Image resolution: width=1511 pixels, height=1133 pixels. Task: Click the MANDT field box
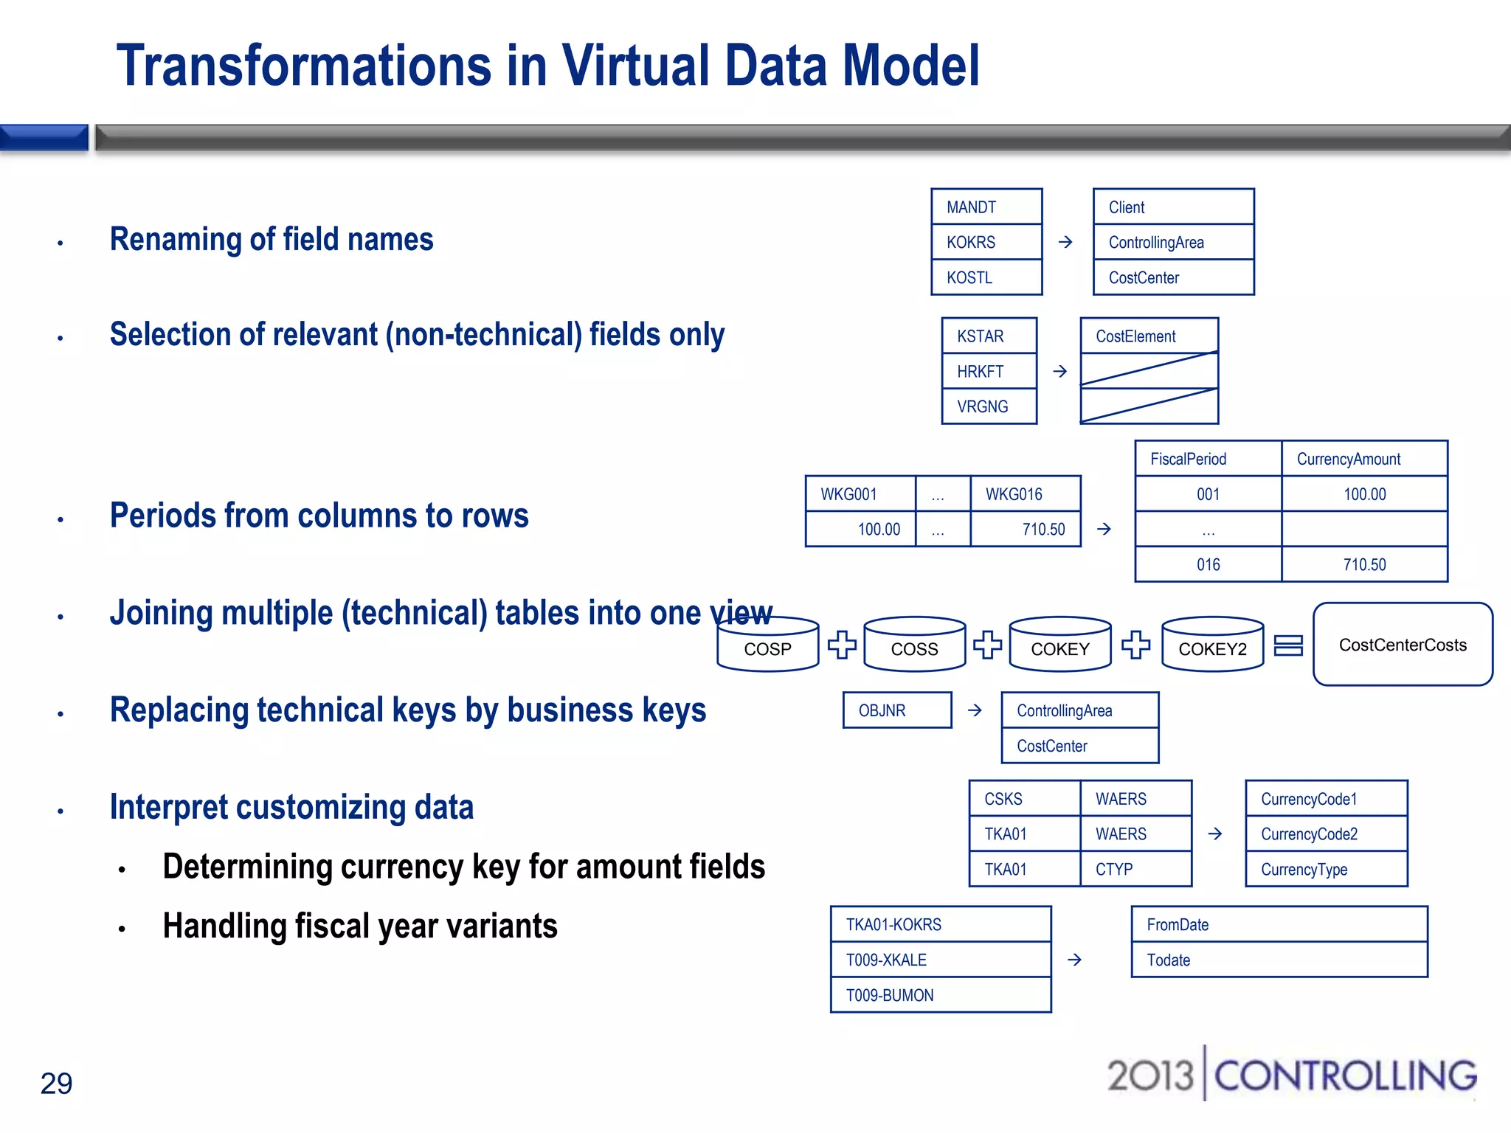(x=986, y=207)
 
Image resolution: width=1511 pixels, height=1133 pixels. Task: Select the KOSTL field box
(x=986, y=277)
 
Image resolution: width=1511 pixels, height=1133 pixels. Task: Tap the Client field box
(x=1173, y=207)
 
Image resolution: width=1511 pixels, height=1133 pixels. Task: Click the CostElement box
(x=1149, y=336)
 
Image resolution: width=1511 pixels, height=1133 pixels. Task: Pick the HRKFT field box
(x=989, y=371)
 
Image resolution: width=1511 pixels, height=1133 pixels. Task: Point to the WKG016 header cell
(x=1025, y=494)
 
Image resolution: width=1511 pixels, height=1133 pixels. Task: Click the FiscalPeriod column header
(x=1208, y=459)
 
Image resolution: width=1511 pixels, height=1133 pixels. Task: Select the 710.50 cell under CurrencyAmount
(x=1364, y=564)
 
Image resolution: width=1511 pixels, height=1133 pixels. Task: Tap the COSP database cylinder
(x=767, y=645)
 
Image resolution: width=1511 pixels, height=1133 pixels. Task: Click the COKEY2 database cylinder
(x=1212, y=645)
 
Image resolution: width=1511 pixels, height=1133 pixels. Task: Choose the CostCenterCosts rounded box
(x=1403, y=645)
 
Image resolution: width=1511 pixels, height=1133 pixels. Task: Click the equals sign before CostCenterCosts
(x=1288, y=645)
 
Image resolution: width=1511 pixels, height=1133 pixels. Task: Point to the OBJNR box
(x=897, y=710)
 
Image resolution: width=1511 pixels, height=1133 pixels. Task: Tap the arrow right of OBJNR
(x=975, y=710)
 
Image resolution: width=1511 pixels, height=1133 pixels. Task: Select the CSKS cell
(x=1024, y=799)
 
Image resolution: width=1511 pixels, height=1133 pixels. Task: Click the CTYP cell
(x=1135, y=869)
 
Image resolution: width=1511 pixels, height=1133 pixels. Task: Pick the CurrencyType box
(x=1326, y=869)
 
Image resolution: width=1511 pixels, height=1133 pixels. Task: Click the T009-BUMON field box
(x=940, y=995)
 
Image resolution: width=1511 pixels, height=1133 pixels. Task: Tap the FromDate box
(x=1279, y=925)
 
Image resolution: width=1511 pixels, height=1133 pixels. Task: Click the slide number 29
(x=56, y=1083)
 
